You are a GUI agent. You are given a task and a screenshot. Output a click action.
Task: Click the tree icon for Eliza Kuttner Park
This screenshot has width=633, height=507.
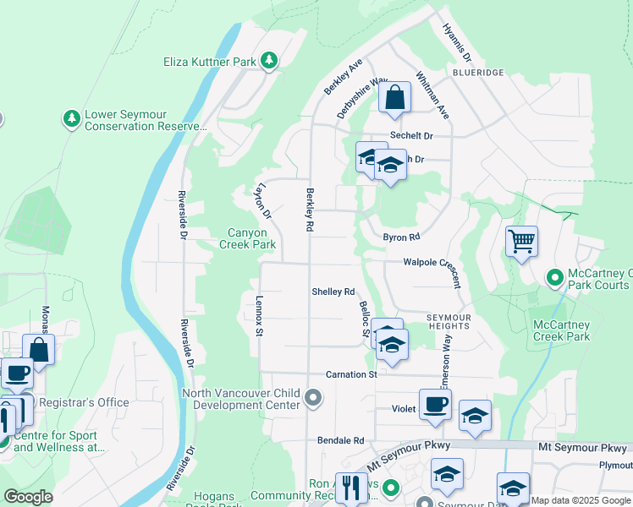[x=269, y=60]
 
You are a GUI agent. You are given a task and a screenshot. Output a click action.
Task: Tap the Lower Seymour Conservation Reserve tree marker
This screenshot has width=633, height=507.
[x=72, y=118]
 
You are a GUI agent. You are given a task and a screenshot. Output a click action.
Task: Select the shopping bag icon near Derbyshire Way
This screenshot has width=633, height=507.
[x=394, y=98]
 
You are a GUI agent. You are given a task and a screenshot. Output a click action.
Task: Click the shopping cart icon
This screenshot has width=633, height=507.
[x=521, y=241]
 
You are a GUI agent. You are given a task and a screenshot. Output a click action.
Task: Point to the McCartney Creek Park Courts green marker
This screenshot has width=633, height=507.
[x=555, y=276]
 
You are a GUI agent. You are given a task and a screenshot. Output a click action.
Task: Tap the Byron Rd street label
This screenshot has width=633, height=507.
[x=401, y=237]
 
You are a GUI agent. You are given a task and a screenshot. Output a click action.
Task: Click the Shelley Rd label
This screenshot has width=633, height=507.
[x=333, y=292]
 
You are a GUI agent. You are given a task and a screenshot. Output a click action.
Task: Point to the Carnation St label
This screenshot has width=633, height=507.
[x=351, y=374]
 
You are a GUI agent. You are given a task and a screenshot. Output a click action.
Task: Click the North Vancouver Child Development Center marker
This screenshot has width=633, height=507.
[x=313, y=397]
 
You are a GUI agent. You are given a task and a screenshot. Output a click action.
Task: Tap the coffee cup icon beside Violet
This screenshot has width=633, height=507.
[x=435, y=405]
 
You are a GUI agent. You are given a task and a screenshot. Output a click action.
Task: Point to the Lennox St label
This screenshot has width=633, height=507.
[x=259, y=314]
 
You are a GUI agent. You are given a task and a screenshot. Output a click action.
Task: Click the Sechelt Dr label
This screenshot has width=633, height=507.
[x=411, y=135]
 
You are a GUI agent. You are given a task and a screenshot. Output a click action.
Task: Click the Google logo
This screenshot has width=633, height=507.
[x=29, y=497]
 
